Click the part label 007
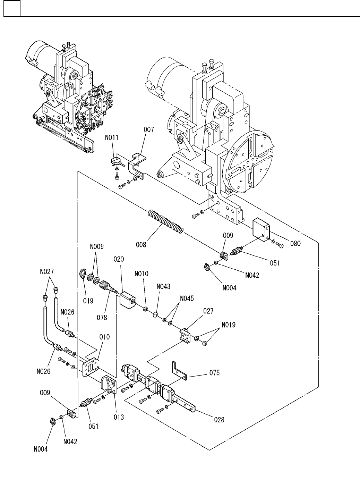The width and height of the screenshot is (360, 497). click(149, 129)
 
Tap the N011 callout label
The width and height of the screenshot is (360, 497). click(112, 137)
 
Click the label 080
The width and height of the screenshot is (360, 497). click(295, 244)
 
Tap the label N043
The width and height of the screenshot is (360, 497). click(163, 287)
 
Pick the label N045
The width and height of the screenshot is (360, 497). click(187, 298)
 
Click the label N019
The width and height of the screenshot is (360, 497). click(229, 325)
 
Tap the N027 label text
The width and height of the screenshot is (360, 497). click(47, 272)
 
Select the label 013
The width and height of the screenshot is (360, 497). click(119, 417)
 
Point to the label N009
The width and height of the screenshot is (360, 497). click(97, 247)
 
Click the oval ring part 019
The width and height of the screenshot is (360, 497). click(83, 273)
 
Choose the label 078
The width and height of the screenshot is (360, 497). click(102, 318)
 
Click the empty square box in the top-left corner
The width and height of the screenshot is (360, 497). click(12, 8)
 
